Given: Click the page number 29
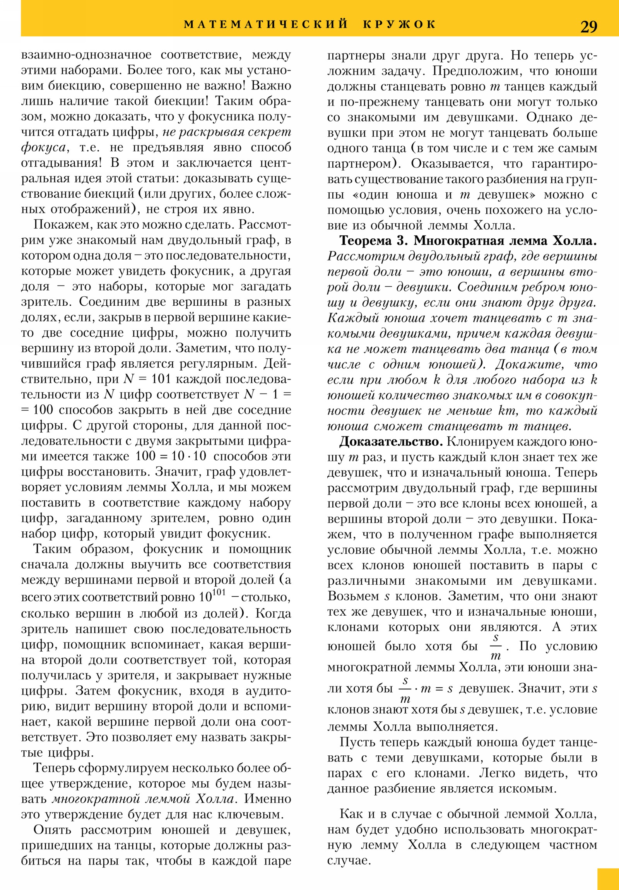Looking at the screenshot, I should (x=588, y=27).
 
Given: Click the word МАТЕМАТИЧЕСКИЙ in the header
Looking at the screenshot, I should (x=266, y=24).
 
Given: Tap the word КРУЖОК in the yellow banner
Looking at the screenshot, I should (x=400, y=24).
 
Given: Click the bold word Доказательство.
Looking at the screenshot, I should (x=391, y=442).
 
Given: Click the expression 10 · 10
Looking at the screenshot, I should (x=189, y=456).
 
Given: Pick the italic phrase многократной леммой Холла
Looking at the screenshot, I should (x=143, y=799).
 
